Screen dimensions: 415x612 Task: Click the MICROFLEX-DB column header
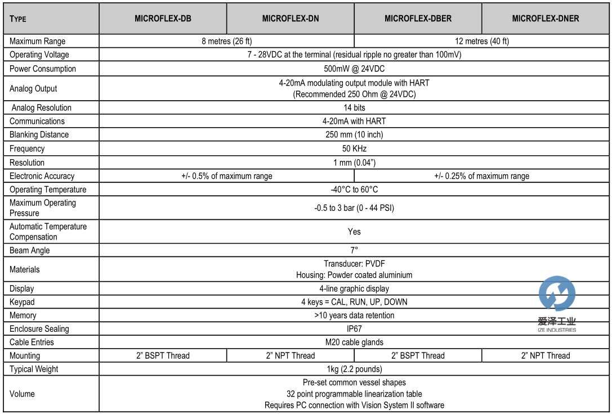coord(163,19)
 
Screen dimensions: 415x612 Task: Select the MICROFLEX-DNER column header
coord(545,19)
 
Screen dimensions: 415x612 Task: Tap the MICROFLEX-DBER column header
coord(418,19)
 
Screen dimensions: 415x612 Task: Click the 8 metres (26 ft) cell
coord(226,41)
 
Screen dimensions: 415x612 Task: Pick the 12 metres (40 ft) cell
coord(481,41)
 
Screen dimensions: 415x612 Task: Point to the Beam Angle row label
coord(30,250)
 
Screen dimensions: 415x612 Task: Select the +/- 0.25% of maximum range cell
coord(481,176)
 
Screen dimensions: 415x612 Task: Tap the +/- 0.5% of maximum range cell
coord(226,176)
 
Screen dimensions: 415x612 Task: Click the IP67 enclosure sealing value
coord(354,329)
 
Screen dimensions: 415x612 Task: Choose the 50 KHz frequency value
coord(354,149)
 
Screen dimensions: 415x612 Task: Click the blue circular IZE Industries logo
coord(557,294)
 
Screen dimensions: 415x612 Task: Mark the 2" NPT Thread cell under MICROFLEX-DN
coord(290,355)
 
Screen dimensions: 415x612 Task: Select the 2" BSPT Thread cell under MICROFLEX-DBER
coord(418,355)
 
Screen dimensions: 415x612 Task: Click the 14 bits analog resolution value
coord(354,107)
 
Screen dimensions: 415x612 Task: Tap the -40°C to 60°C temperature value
coord(354,190)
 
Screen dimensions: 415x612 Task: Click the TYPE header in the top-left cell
coord(18,19)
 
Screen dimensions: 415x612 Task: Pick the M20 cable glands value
coord(354,342)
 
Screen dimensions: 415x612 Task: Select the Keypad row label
coord(23,302)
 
